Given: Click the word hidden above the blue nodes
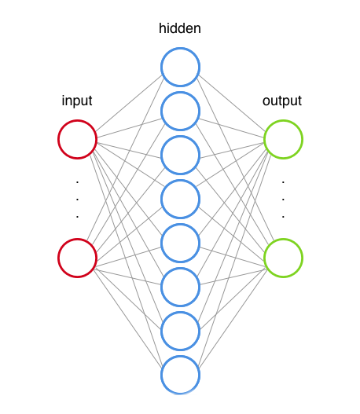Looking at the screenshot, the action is click(179, 28).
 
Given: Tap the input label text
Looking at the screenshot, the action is click(77, 101).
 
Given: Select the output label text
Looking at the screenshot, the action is click(282, 101).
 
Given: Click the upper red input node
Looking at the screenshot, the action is click(58, 139).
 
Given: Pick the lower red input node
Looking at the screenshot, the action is click(58, 258).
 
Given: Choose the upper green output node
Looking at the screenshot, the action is click(264, 139).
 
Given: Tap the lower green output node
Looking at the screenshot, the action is click(264, 258).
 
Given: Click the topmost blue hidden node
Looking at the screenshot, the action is click(161, 67).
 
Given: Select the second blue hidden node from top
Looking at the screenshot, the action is click(161, 111).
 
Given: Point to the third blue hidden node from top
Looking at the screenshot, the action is click(161, 155).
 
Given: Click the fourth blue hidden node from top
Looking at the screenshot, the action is click(161, 199).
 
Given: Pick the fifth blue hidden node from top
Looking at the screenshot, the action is click(161, 243).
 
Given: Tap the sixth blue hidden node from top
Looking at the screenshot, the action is click(161, 287).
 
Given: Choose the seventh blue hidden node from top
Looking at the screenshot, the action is click(161, 331).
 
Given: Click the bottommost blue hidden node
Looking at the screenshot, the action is click(161, 375).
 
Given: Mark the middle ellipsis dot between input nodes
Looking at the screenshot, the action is click(77, 200).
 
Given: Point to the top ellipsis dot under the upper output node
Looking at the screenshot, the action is click(283, 182).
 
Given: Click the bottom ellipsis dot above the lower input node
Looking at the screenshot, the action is click(77, 217).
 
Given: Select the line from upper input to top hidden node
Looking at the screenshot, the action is click(129, 103).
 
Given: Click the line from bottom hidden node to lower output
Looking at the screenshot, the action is click(233, 318).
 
